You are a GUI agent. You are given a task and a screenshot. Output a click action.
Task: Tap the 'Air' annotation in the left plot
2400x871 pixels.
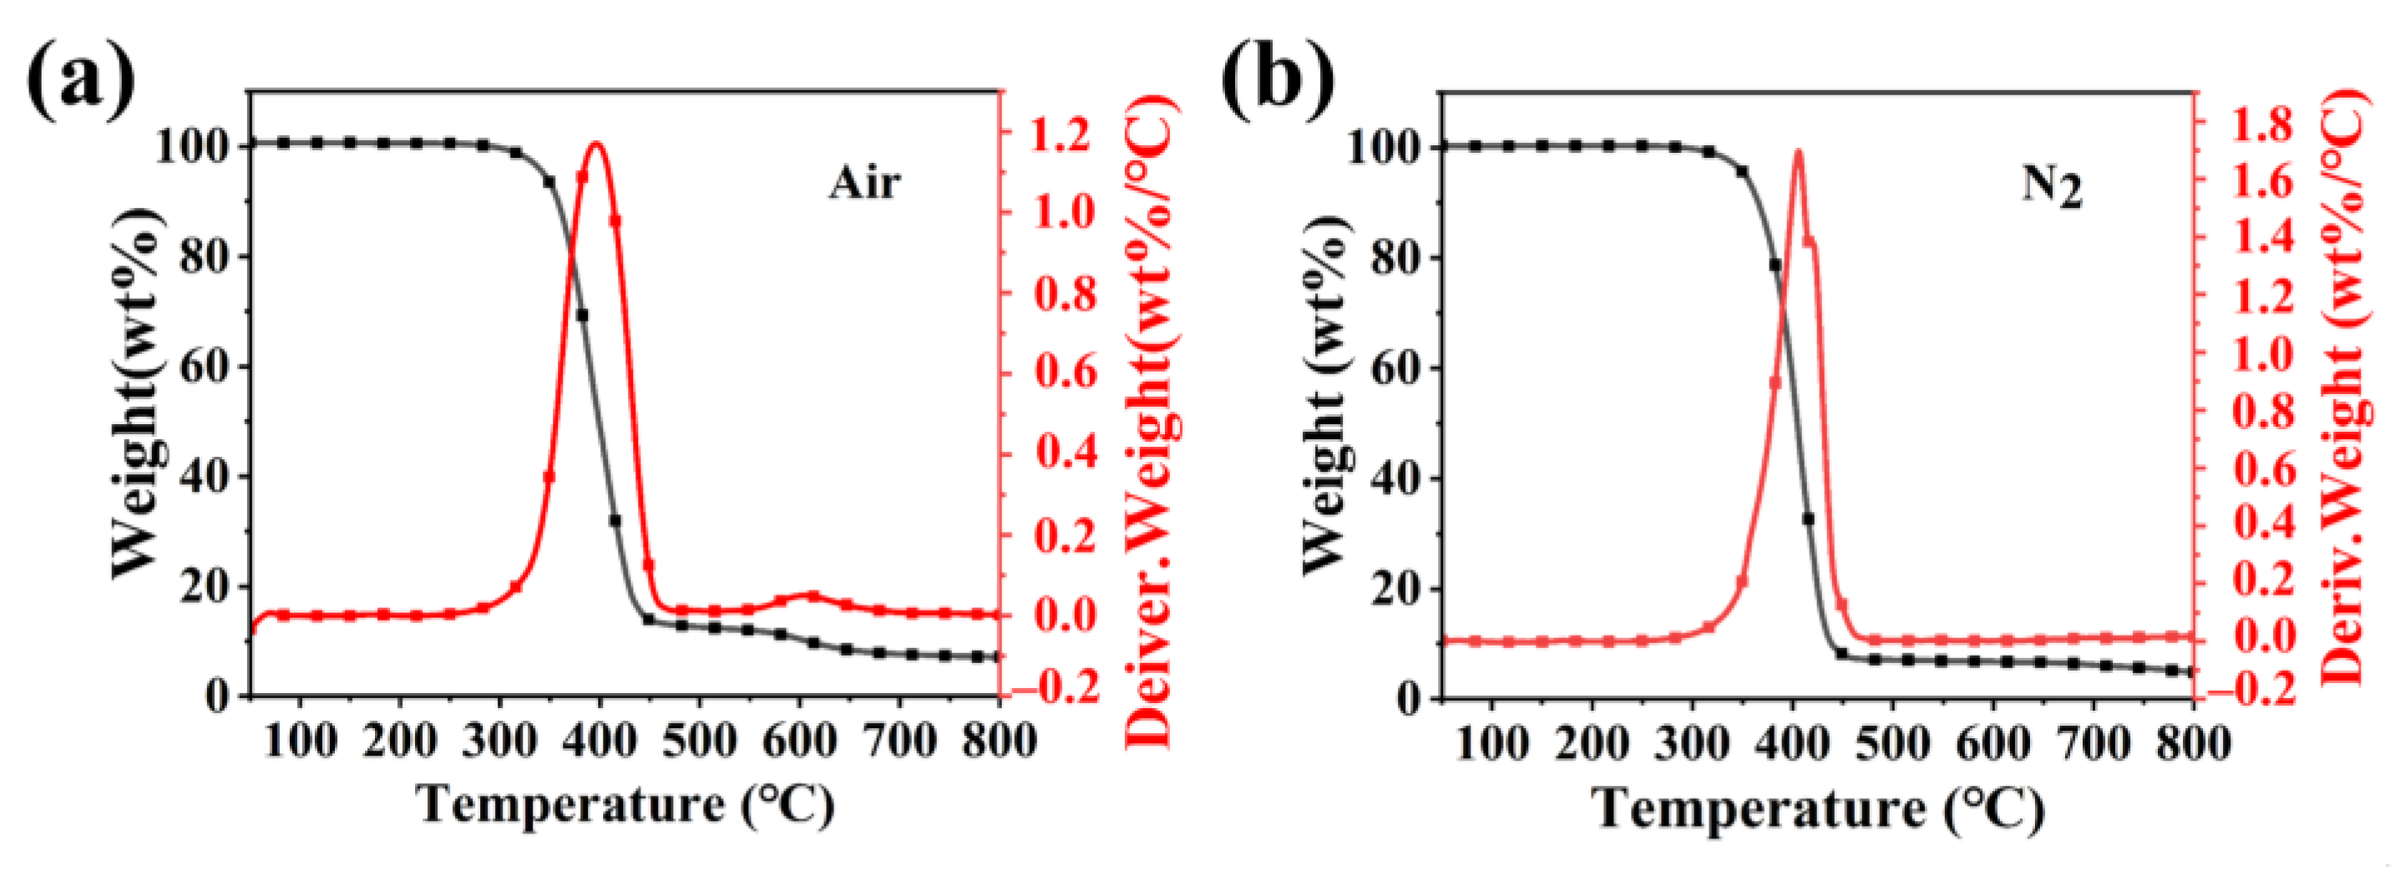[864, 183]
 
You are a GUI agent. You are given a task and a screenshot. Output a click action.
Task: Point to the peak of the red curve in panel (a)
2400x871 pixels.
[597, 144]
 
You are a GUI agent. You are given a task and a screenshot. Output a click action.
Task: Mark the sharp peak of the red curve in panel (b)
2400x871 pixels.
[1798, 152]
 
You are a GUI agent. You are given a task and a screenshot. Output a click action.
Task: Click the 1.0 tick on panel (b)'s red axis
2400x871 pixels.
[2262, 354]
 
